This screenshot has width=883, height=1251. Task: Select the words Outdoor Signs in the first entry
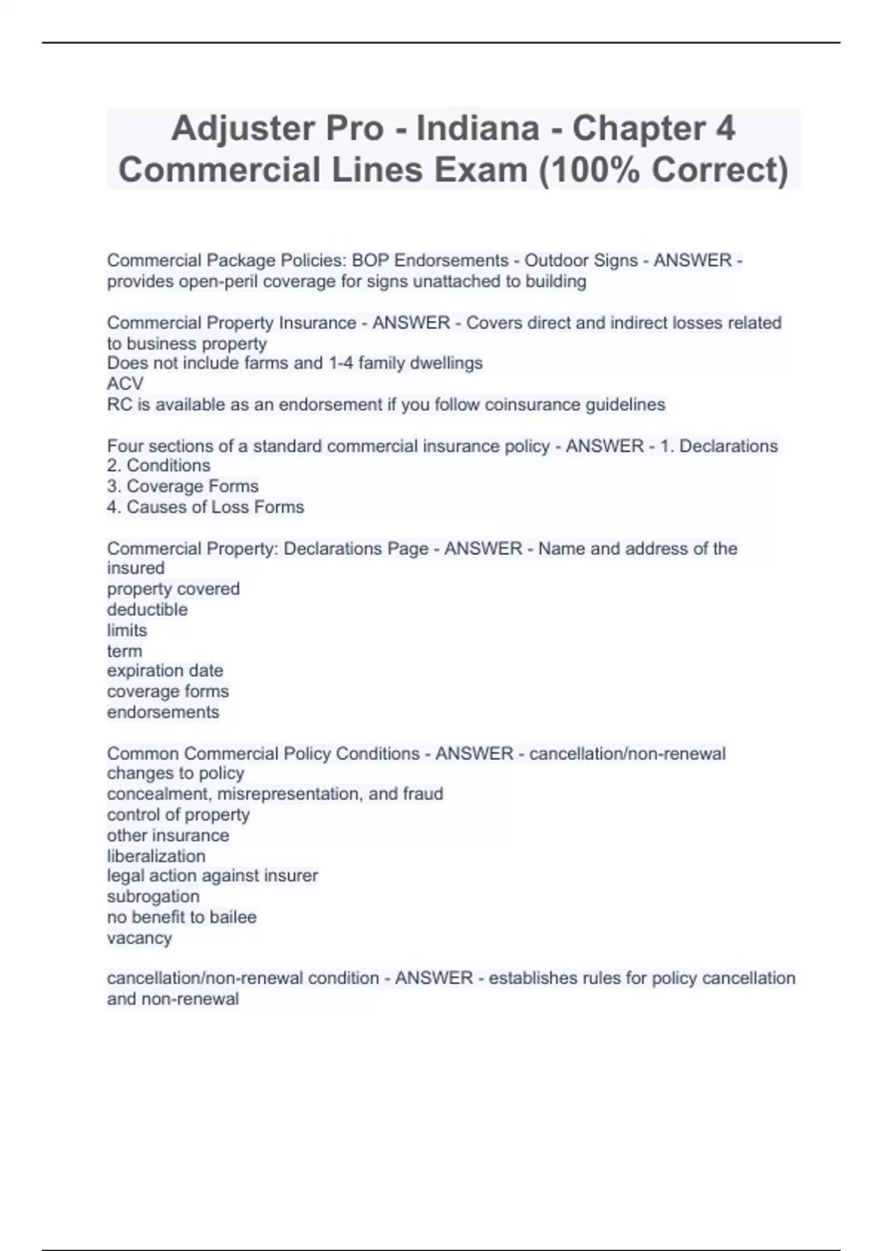click(581, 261)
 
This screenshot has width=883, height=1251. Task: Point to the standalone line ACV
click(125, 383)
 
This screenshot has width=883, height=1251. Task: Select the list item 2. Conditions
click(158, 466)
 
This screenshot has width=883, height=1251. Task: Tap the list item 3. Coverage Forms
click(182, 486)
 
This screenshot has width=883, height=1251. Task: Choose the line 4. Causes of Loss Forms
click(205, 507)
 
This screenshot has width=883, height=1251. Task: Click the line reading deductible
click(147, 609)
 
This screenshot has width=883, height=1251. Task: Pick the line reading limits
click(127, 630)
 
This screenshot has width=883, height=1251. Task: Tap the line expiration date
click(165, 670)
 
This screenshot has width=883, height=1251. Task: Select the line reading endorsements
click(163, 712)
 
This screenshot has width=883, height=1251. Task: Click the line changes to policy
click(175, 773)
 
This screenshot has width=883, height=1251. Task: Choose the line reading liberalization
click(156, 856)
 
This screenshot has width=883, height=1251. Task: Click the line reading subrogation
click(153, 896)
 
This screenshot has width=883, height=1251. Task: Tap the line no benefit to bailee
click(182, 917)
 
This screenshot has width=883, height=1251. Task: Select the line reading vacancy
click(139, 938)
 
